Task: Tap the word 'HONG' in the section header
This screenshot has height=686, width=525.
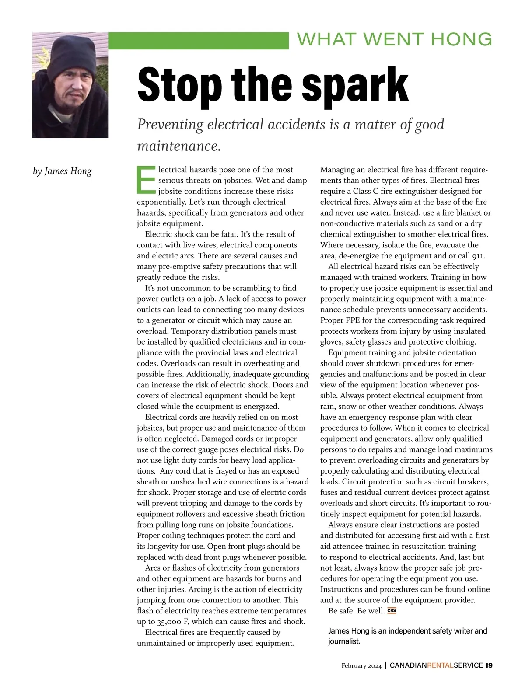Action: [x=462, y=39]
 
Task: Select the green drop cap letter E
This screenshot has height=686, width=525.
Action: [x=146, y=180]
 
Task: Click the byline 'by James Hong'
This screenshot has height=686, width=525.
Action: [x=62, y=171]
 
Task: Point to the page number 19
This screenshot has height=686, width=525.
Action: [x=489, y=665]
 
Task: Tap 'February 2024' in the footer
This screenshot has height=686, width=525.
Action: [x=362, y=665]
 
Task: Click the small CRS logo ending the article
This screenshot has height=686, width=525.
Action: [x=392, y=611]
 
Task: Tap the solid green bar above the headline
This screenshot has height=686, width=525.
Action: [x=198, y=41]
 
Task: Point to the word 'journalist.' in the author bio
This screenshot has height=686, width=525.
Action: [x=344, y=641]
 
